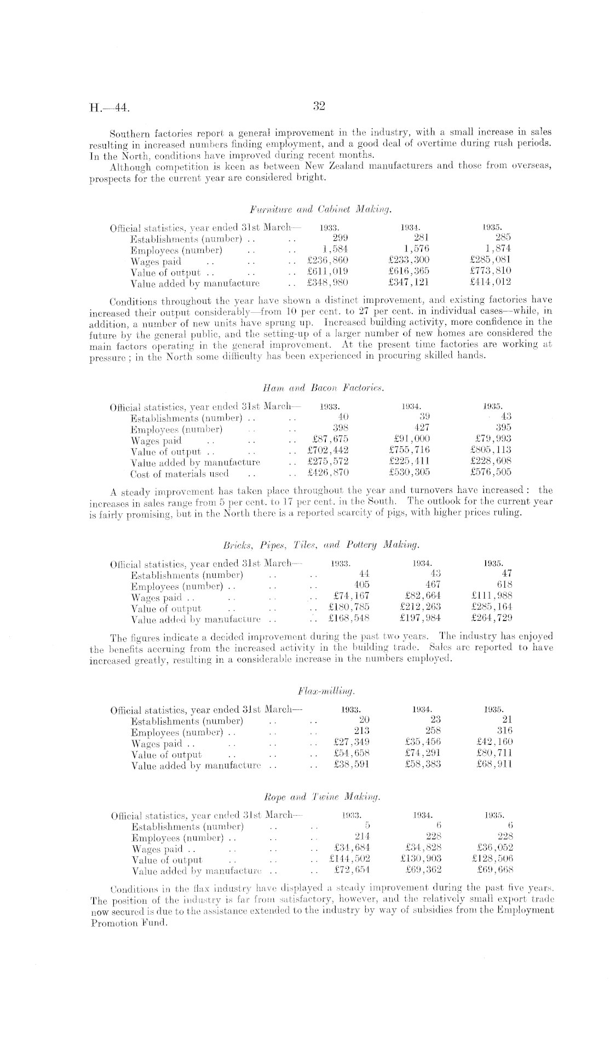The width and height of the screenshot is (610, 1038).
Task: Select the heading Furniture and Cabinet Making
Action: tap(321, 209)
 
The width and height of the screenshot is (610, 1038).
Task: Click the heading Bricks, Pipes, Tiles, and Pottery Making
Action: tap(321, 545)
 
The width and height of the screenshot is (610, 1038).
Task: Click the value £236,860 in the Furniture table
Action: tap(328, 261)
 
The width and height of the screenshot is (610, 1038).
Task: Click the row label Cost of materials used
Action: tap(180, 473)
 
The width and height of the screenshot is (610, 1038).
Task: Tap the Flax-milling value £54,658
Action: tap(351, 753)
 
